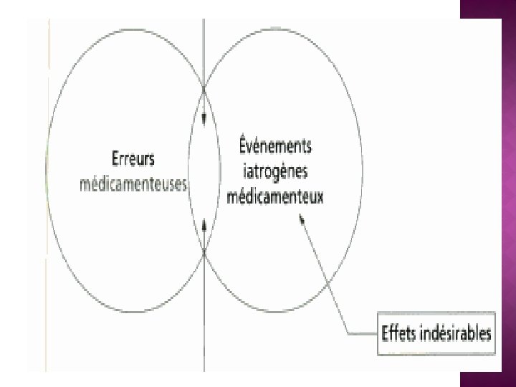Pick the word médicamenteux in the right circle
(275, 196)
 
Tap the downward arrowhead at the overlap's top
(205, 118)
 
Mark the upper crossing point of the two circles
(205, 89)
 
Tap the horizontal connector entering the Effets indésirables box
(362, 333)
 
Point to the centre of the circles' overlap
(205, 171)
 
